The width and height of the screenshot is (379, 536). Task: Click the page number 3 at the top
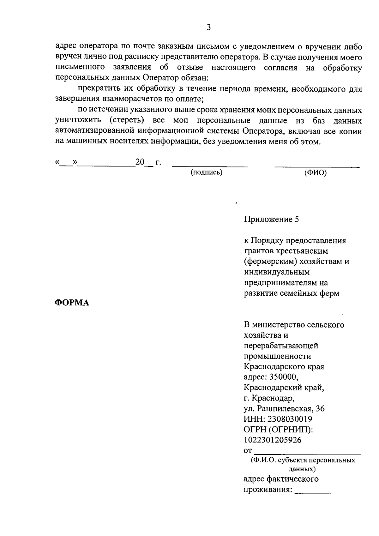[208, 27]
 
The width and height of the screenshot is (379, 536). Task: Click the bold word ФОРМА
[72, 303]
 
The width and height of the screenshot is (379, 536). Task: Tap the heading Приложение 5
[271, 220]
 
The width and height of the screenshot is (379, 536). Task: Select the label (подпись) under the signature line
[206, 173]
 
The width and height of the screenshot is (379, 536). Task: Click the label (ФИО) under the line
[316, 173]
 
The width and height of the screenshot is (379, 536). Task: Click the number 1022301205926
[273, 440]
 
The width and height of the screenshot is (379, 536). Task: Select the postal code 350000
[283, 377]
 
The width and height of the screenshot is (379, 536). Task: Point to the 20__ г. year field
[148, 163]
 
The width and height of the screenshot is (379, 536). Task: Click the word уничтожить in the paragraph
[78, 121]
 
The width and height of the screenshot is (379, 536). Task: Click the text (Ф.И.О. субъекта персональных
[303, 460]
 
